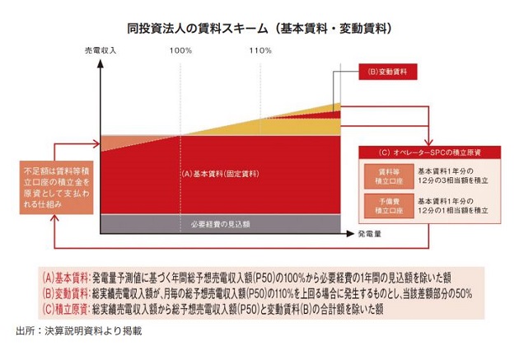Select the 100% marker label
(181, 50)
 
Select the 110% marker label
(259, 50)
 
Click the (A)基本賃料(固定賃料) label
(219, 175)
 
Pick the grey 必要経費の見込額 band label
(218, 223)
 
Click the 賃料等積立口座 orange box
(382, 174)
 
